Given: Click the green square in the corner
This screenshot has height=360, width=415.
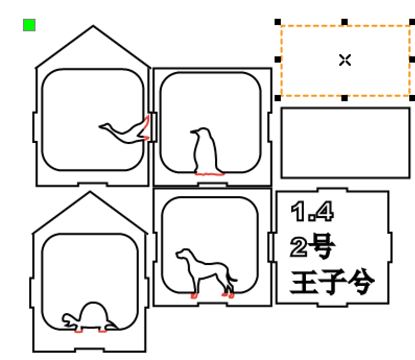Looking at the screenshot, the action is (29, 25).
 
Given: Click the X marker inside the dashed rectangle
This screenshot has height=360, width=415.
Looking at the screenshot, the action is (345, 60).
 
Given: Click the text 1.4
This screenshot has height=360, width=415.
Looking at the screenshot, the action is (312, 211).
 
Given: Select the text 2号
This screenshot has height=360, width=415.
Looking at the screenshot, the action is (312, 247).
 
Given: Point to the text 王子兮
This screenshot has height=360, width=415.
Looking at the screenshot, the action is (332, 283).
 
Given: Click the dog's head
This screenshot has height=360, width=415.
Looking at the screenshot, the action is (184, 254).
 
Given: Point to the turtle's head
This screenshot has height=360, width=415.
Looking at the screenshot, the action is (68, 318).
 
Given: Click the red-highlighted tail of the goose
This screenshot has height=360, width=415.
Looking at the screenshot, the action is (146, 128).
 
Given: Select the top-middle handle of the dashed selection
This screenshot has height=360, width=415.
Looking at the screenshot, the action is (345, 22).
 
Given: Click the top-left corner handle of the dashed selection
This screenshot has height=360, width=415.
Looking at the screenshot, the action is (278, 22).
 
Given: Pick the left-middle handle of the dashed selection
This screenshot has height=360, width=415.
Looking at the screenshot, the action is (278, 59).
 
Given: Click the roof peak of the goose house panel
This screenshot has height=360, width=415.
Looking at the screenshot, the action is (93, 26).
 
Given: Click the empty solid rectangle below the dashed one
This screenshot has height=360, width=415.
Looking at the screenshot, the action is (346, 143).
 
